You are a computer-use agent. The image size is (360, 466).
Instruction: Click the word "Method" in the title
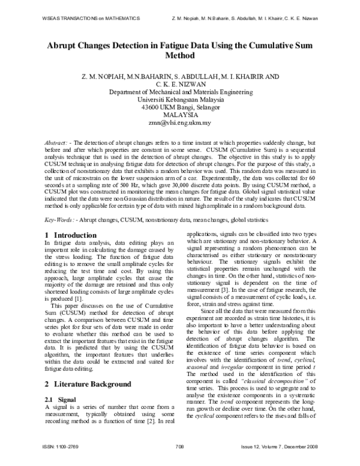click(180, 58)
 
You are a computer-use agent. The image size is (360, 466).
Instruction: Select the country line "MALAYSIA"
click(180, 115)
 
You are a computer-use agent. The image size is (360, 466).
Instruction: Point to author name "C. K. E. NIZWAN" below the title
click(180, 85)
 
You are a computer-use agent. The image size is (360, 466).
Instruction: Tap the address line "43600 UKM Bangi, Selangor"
click(180, 107)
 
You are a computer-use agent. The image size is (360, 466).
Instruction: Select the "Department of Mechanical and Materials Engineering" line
click(180, 92)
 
